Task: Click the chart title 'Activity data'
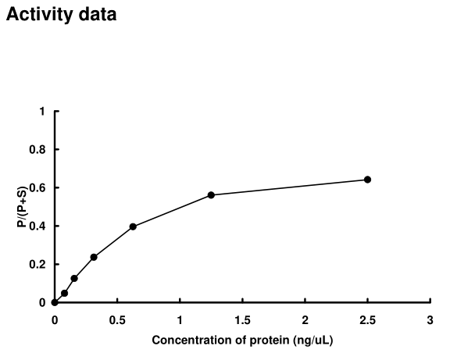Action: coord(62,15)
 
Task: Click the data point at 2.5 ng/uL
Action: coord(367,180)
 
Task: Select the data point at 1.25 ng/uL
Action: coord(211,194)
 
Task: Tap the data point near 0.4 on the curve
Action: coord(133,226)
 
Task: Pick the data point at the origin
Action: coord(55,302)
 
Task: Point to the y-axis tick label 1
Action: coord(42,112)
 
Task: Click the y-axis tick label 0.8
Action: coord(37,150)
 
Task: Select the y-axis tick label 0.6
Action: coord(37,188)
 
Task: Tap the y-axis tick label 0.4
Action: coord(37,226)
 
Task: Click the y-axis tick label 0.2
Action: coord(37,265)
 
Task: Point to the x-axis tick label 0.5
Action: coord(117,319)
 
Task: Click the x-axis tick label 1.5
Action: coord(242,319)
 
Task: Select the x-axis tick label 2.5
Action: coord(367,319)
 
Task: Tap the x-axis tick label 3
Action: coord(430,319)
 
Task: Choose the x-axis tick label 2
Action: coord(305,319)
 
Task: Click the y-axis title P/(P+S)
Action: coord(21,207)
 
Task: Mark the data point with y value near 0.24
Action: coord(94,257)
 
